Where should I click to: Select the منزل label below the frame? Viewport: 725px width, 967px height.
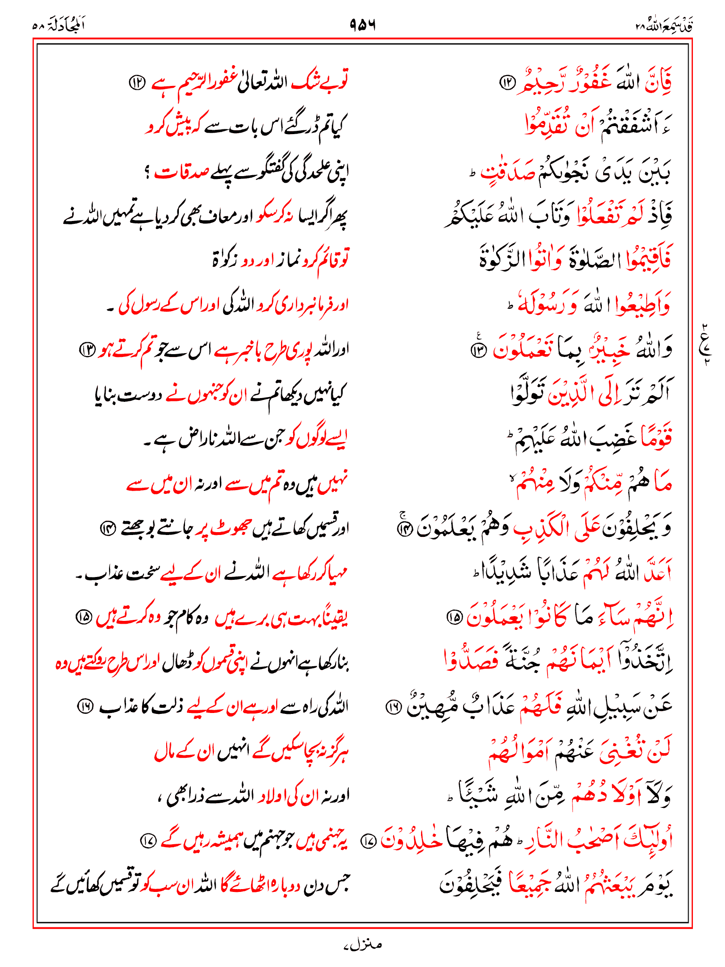point(362,945)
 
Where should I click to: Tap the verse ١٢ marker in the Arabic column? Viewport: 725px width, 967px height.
point(509,83)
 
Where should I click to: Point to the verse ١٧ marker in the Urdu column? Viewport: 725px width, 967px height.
point(148,840)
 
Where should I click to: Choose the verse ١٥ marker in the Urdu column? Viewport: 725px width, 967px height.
point(84,618)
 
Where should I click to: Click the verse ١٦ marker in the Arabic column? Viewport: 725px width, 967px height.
point(394,707)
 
